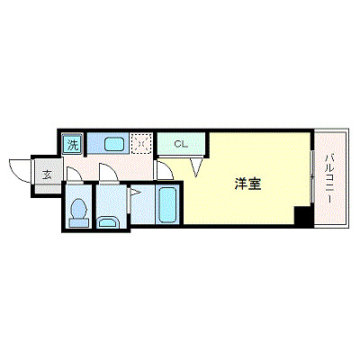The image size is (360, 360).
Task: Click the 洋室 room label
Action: point(248,184)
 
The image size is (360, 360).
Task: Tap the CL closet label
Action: point(180,143)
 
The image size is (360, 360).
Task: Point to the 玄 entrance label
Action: point(46,175)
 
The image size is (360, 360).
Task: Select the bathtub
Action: point(167,205)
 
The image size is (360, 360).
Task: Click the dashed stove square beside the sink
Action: point(141,143)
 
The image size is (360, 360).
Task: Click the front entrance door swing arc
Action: point(19,166)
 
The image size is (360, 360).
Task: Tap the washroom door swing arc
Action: point(106,175)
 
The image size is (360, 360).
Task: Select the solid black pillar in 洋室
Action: point(303,216)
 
